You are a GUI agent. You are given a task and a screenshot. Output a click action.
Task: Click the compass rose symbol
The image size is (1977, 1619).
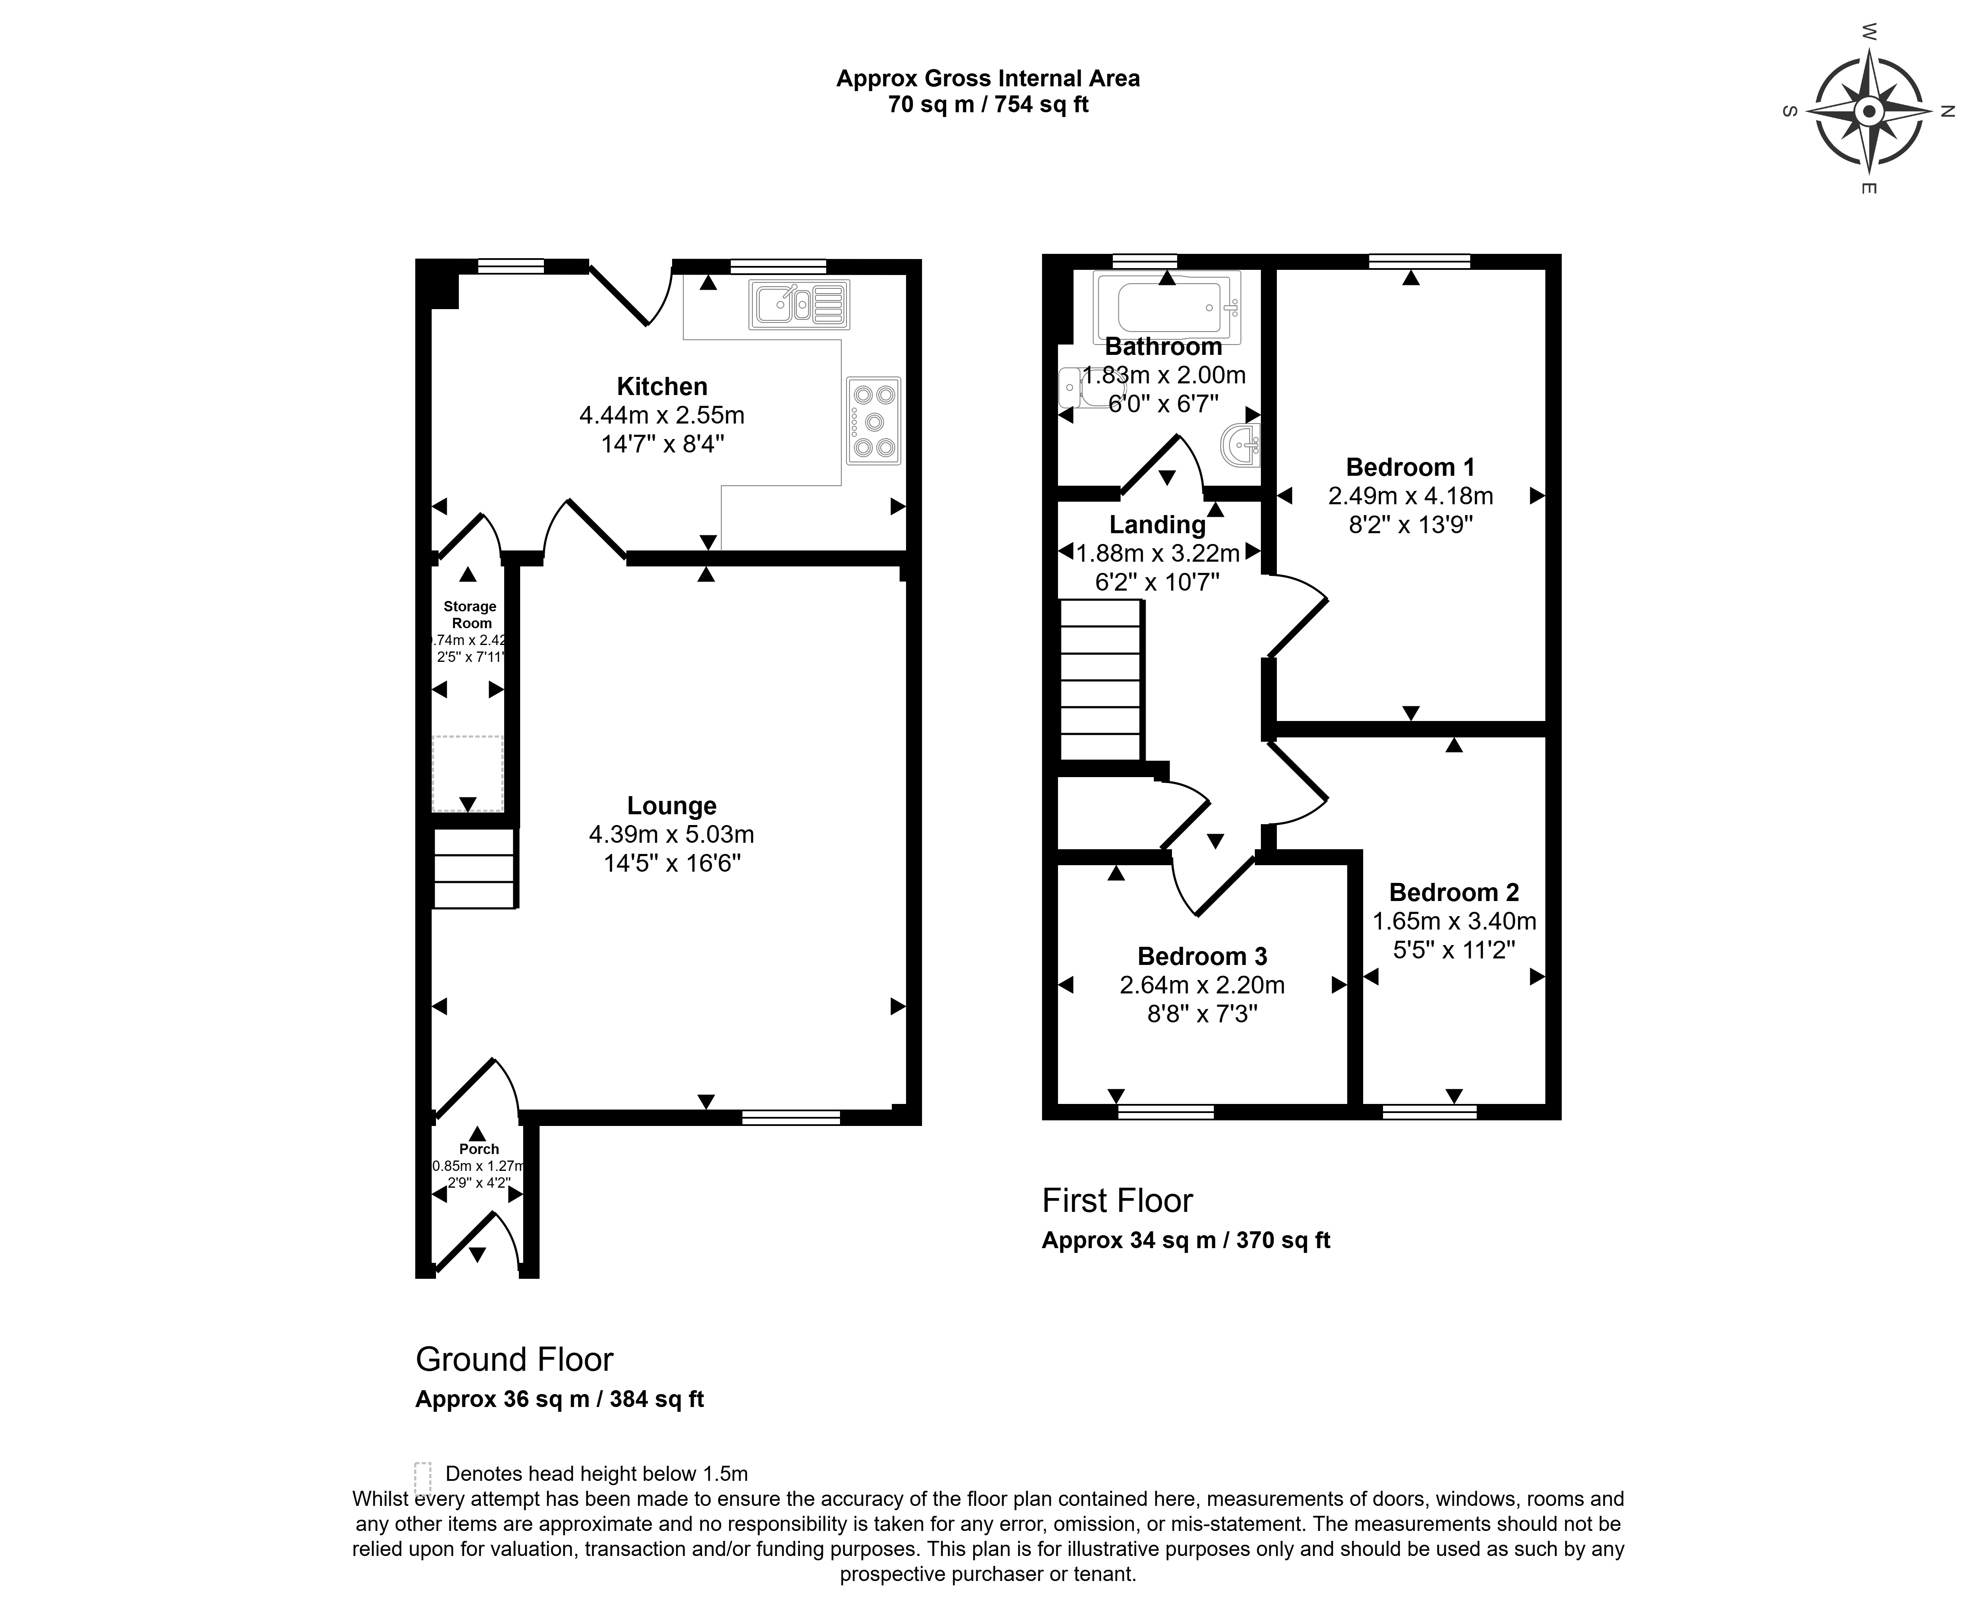(x=1868, y=112)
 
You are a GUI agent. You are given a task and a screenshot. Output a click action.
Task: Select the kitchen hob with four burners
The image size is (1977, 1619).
(x=874, y=421)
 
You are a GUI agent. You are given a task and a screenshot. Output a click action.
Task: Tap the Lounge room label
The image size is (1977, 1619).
(x=671, y=806)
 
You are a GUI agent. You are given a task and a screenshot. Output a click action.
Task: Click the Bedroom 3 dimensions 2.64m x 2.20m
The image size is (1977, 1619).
(x=1202, y=985)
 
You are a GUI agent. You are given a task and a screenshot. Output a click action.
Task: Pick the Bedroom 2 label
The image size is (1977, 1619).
(x=1454, y=892)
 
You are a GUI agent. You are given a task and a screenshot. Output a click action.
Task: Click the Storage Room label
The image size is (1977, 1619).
(x=470, y=615)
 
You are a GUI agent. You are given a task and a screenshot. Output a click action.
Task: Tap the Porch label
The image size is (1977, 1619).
(x=478, y=1149)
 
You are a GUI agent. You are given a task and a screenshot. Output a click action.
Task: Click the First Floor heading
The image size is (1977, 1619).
(x=1117, y=1200)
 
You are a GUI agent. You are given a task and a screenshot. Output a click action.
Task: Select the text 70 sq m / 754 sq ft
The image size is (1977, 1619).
(x=988, y=104)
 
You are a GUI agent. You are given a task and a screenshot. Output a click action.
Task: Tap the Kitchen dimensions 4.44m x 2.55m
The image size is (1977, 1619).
(x=662, y=415)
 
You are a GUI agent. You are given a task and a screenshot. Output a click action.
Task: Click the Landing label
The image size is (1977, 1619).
(x=1157, y=525)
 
